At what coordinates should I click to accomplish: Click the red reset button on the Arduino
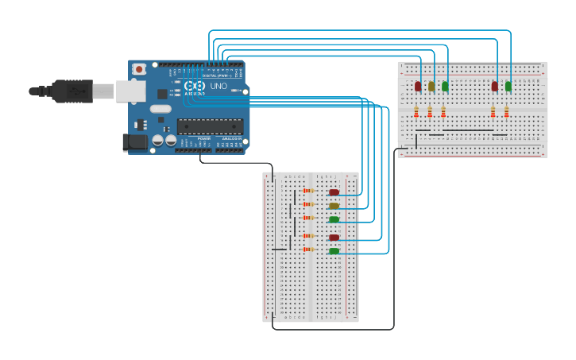tap(140, 70)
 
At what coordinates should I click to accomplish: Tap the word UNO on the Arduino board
tap(218, 86)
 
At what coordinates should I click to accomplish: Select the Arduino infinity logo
tap(194, 86)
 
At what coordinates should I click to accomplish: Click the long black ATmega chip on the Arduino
tap(210, 125)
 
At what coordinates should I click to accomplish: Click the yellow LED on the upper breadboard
tap(431, 86)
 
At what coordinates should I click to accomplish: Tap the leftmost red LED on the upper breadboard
tap(418, 86)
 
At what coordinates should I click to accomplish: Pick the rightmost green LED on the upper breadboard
tap(508, 86)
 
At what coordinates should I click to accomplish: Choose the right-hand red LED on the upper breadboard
tap(494, 86)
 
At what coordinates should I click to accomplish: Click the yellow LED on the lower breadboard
tap(334, 206)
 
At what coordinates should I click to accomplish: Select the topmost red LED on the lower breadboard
tap(334, 192)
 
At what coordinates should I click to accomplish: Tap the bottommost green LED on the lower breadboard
tap(334, 251)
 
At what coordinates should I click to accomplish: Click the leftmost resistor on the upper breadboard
tap(416, 112)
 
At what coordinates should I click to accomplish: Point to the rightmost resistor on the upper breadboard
tap(506, 112)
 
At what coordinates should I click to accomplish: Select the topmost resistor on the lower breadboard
tap(308, 191)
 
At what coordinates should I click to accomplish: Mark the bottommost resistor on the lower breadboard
tap(308, 250)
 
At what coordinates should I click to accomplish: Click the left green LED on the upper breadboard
tap(445, 86)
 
